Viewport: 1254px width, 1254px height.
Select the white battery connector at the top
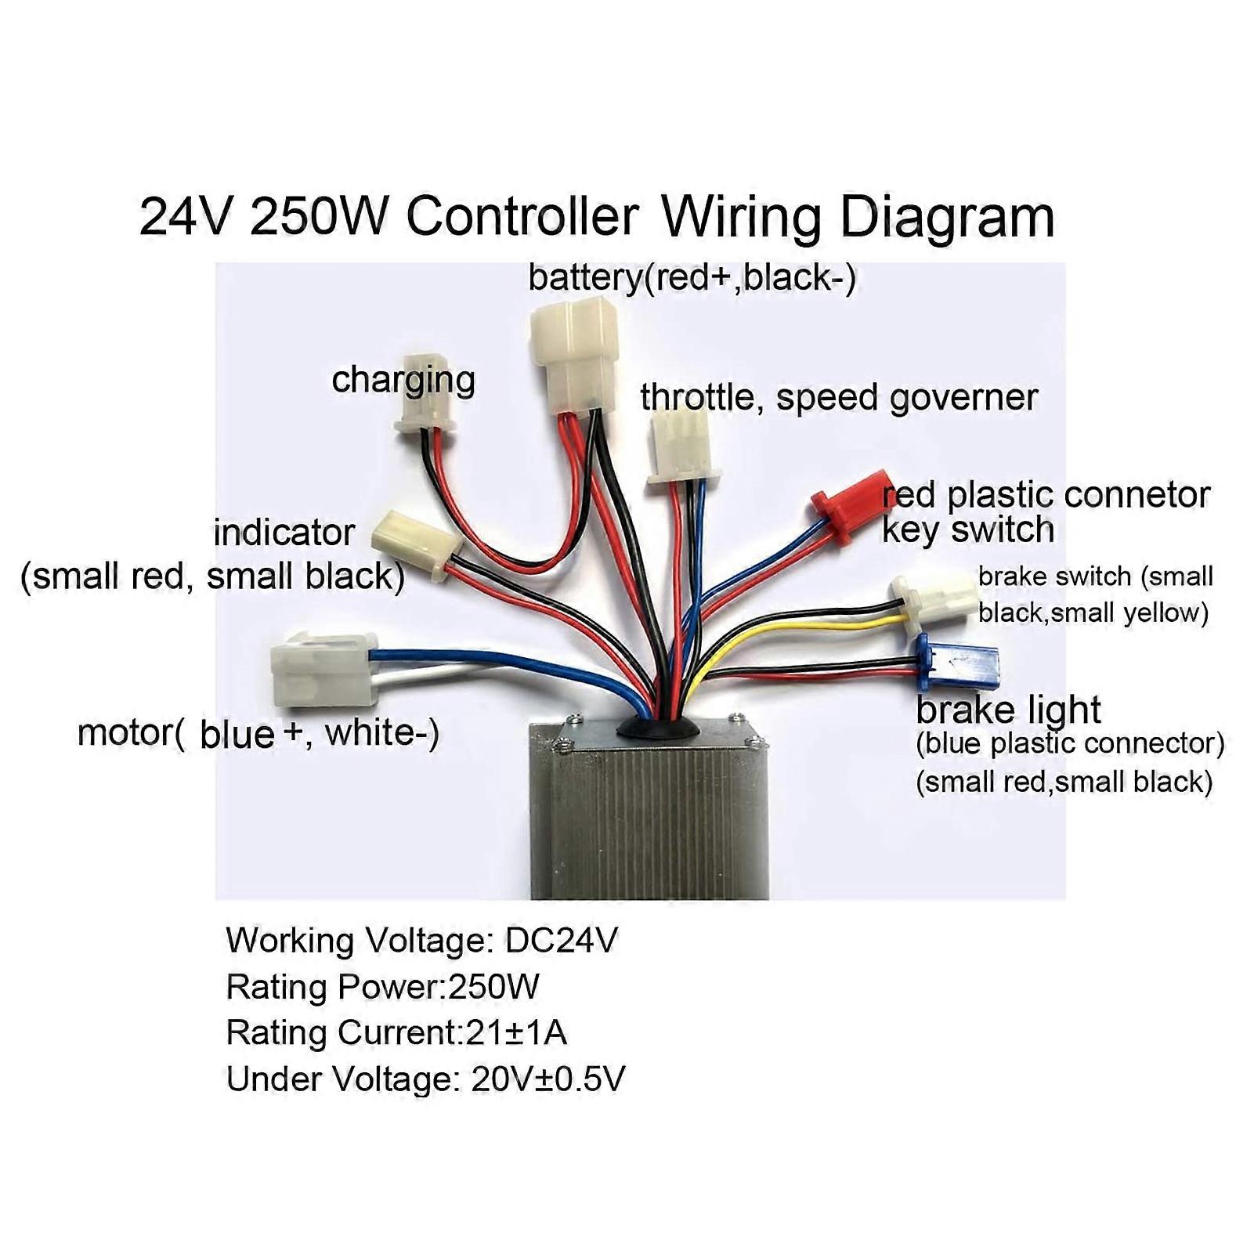(574, 352)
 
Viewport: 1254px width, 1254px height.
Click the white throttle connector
(679, 451)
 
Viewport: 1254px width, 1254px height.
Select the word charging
(403, 380)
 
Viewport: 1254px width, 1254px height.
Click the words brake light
(1008, 710)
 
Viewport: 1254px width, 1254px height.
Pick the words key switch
(967, 529)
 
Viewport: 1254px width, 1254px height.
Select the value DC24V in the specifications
(561, 940)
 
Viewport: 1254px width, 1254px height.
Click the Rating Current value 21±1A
(515, 1032)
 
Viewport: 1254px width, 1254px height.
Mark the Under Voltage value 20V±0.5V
(547, 1079)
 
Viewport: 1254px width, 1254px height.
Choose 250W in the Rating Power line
(493, 987)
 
